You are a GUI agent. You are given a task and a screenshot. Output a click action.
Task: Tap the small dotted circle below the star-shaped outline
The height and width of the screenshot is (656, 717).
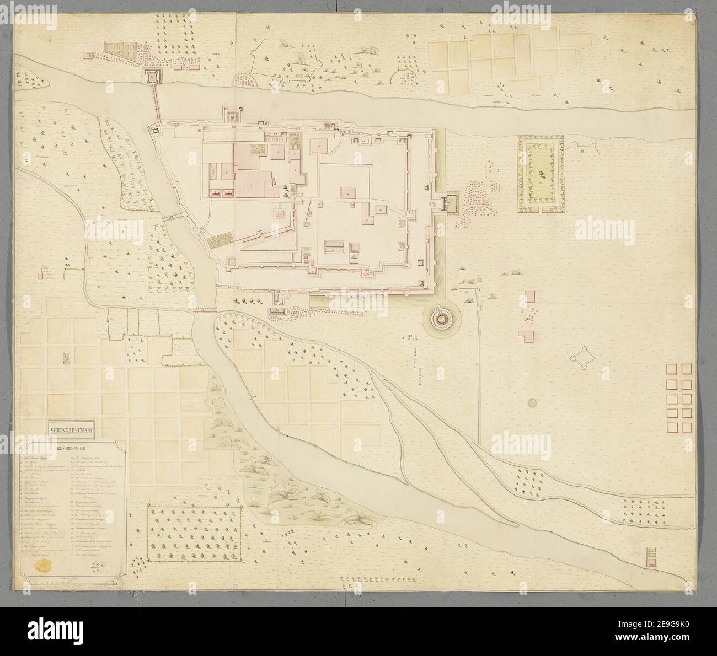532,403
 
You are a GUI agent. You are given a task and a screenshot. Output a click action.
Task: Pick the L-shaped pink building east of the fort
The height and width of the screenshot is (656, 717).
527,336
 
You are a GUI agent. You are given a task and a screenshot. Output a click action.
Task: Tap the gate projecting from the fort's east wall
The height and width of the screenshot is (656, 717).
451,205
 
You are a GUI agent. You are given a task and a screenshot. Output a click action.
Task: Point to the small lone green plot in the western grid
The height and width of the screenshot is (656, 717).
67,358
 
